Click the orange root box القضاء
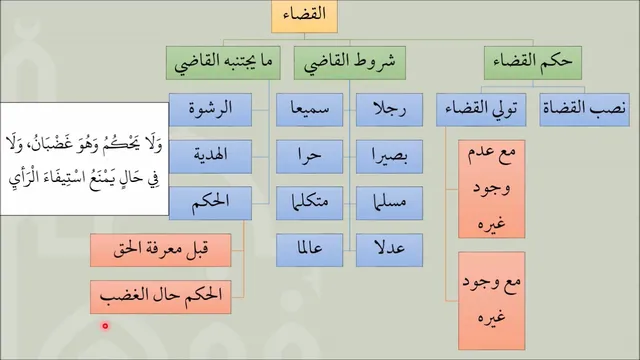pyautogui.click(x=304, y=16)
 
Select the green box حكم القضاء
pyautogui.click(x=533, y=63)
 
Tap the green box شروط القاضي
pyautogui.click(x=350, y=63)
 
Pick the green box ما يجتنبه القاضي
pyautogui.click(x=223, y=63)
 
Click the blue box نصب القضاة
pyautogui.click(x=584, y=110)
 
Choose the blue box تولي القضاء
pyautogui.click(x=481, y=110)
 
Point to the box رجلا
pyautogui.click(x=389, y=110)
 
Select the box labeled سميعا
pyautogui.click(x=309, y=110)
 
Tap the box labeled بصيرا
pyautogui.click(x=389, y=157)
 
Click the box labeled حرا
pyautogui.click(x=309, y=157)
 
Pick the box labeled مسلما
pyautogui.click(x=389, y=203)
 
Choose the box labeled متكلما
pyautogui.click(x=309, y=203)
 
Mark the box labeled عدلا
pyautogui.click(x=389, y=250)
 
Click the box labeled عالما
pyautogui.click(x=309, y=250)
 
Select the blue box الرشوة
pyautogui.click(x=210, y=110)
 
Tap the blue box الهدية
pyautogui.click(x=210, y=157)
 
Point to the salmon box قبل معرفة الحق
pyautogui.click(x=160, y=250)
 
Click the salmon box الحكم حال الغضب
pyautogui.click(x=160, y=297)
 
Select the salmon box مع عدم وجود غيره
pyautogui.click(x=491, y=189)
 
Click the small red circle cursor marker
pyautogui.click(x=105, y=326)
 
